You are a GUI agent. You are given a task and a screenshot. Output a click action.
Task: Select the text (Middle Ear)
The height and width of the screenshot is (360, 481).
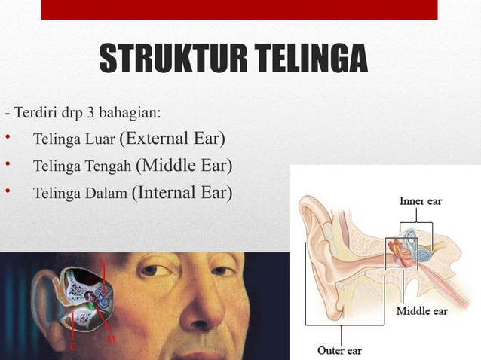click(x=185, y=166)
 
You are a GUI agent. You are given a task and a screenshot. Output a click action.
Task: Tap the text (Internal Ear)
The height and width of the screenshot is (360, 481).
click(x=182, y=192)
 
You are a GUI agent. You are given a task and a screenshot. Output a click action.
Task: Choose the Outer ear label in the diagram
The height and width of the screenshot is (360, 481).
click(x=340, y=350)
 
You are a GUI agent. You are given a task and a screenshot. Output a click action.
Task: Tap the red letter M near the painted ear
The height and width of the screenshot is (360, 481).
click(x=111, y=340)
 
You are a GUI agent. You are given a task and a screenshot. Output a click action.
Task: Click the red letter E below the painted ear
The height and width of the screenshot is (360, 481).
click(x=72, y=348)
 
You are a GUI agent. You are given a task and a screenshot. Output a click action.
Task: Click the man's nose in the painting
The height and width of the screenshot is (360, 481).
click(x=198, y=309)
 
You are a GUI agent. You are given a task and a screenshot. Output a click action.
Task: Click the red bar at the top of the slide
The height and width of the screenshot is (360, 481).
click(x=238, y=9)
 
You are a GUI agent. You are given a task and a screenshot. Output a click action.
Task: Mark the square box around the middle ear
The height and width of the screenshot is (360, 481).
click(x=401, y=254)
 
